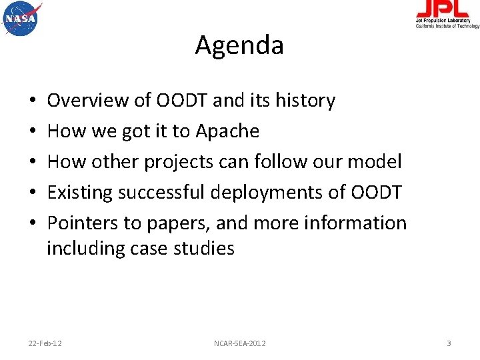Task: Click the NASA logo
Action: (x=21, y=18)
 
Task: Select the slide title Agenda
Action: (x=239, y=45)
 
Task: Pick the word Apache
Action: (x=227, y=131)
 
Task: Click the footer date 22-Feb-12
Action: (x=45, y=343)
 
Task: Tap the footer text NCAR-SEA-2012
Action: (x=239, y=343)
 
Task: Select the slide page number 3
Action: (x=449, y=343)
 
